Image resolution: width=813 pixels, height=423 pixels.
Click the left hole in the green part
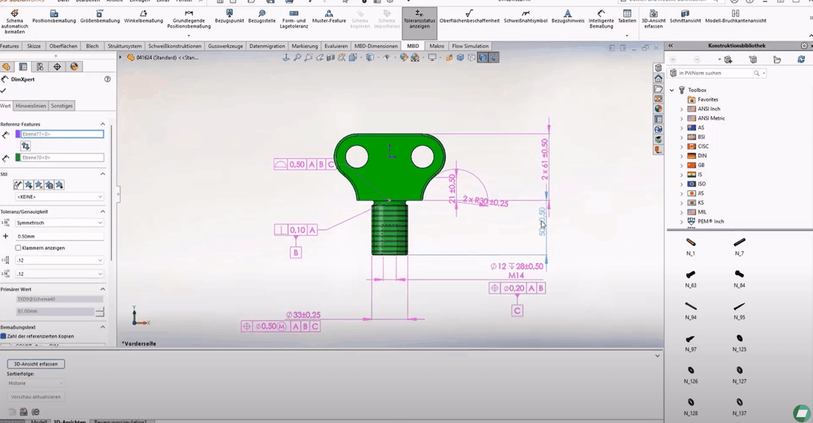357,156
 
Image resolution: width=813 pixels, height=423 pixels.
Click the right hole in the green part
422,156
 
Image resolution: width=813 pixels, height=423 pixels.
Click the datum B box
296,253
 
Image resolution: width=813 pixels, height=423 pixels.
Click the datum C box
517,311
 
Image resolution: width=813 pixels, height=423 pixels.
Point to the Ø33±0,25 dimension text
303,315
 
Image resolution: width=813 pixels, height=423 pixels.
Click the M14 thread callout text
516,276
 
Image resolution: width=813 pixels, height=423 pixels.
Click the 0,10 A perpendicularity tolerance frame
296,230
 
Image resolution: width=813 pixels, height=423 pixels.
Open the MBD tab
413,46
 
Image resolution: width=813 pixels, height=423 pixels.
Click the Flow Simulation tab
470,46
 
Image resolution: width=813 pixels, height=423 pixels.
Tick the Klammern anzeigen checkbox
19,248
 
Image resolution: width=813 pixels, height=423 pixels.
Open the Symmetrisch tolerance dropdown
59,223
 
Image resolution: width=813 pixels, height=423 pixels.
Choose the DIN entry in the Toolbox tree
702,156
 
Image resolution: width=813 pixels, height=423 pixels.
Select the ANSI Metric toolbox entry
711,118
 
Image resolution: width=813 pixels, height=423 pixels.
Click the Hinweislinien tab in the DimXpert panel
31,106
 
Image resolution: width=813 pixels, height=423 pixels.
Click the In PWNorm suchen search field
714,73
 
